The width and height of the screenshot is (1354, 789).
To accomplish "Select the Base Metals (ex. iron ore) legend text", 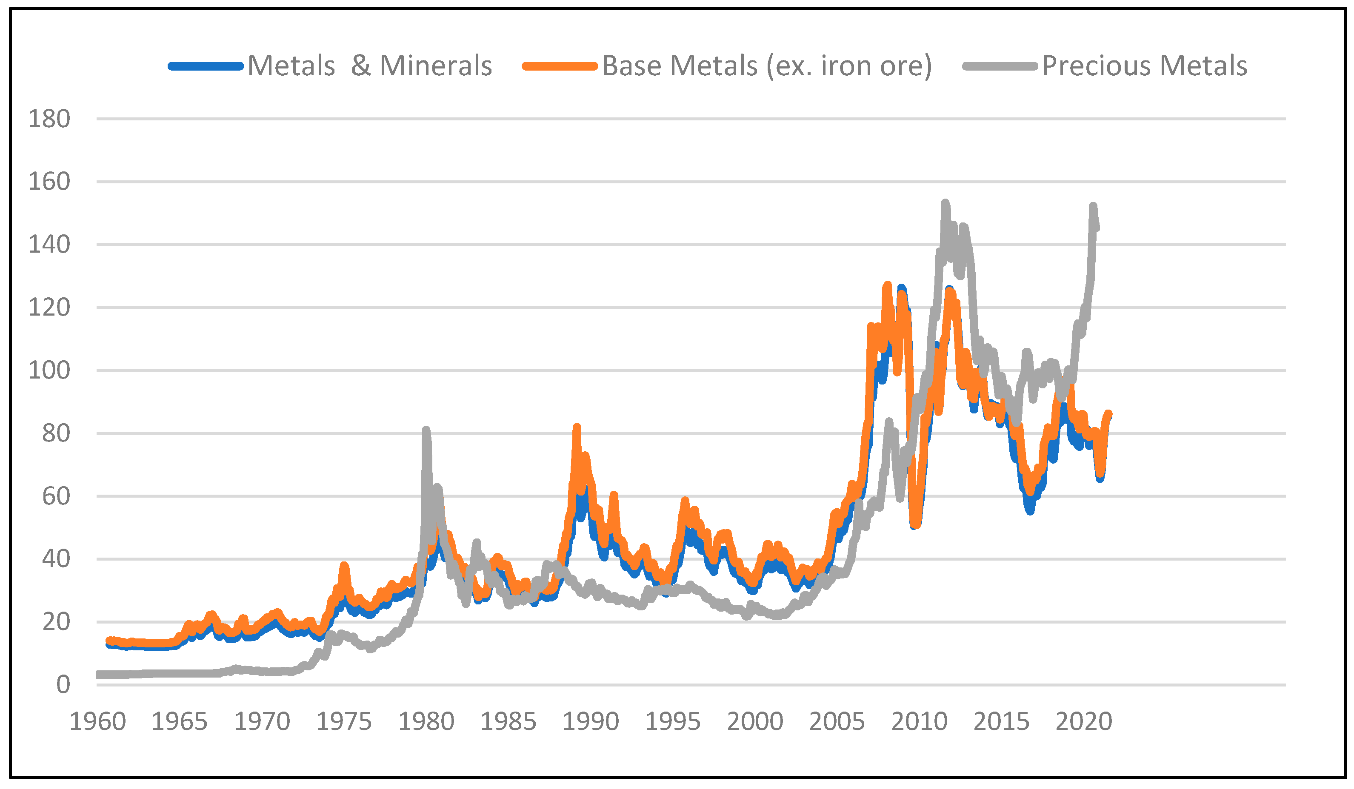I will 767,66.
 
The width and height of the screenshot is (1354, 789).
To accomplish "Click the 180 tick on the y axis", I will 49,119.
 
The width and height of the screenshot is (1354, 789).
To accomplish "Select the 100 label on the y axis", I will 49,370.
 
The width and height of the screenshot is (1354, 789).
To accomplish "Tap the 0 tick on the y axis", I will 63,685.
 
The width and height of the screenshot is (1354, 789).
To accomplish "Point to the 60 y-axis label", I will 56,496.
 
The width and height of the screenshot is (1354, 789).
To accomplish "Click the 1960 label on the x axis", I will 98,722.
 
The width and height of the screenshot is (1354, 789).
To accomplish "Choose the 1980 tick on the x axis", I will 426,722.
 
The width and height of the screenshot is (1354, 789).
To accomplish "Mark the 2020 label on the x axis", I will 1083,722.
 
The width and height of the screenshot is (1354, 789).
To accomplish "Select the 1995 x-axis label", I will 673,722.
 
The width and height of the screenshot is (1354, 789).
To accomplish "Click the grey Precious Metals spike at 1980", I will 426,430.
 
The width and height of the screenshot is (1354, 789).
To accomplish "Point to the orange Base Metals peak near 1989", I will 577,428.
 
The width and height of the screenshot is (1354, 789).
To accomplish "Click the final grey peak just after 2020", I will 1092,207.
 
